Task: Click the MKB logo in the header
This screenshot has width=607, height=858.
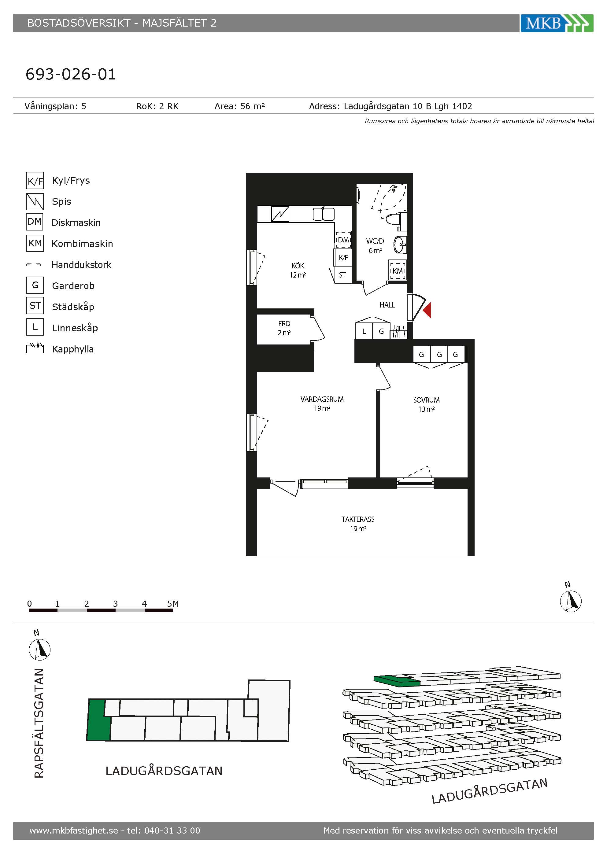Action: [557, 23]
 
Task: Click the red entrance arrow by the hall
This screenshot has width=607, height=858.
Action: [427, 310]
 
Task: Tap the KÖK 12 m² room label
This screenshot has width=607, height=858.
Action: [298, 270]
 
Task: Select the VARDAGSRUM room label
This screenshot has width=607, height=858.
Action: [322, 399]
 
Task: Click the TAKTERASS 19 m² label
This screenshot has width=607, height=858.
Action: [358, 524]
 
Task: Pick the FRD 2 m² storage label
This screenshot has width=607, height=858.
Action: [284, 328]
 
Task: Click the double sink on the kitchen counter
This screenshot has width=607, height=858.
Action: [323, 214]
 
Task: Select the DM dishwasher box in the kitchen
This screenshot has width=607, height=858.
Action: [343, 240]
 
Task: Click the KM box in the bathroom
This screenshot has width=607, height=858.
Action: [397, 270]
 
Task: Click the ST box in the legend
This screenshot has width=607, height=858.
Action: [35, 306]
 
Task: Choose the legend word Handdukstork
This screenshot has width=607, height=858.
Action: [81, 265]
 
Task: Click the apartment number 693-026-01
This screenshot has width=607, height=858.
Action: [71, 74]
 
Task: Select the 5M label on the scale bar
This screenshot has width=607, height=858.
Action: [173, 603]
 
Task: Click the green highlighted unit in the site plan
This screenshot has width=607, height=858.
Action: [98, 720]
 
